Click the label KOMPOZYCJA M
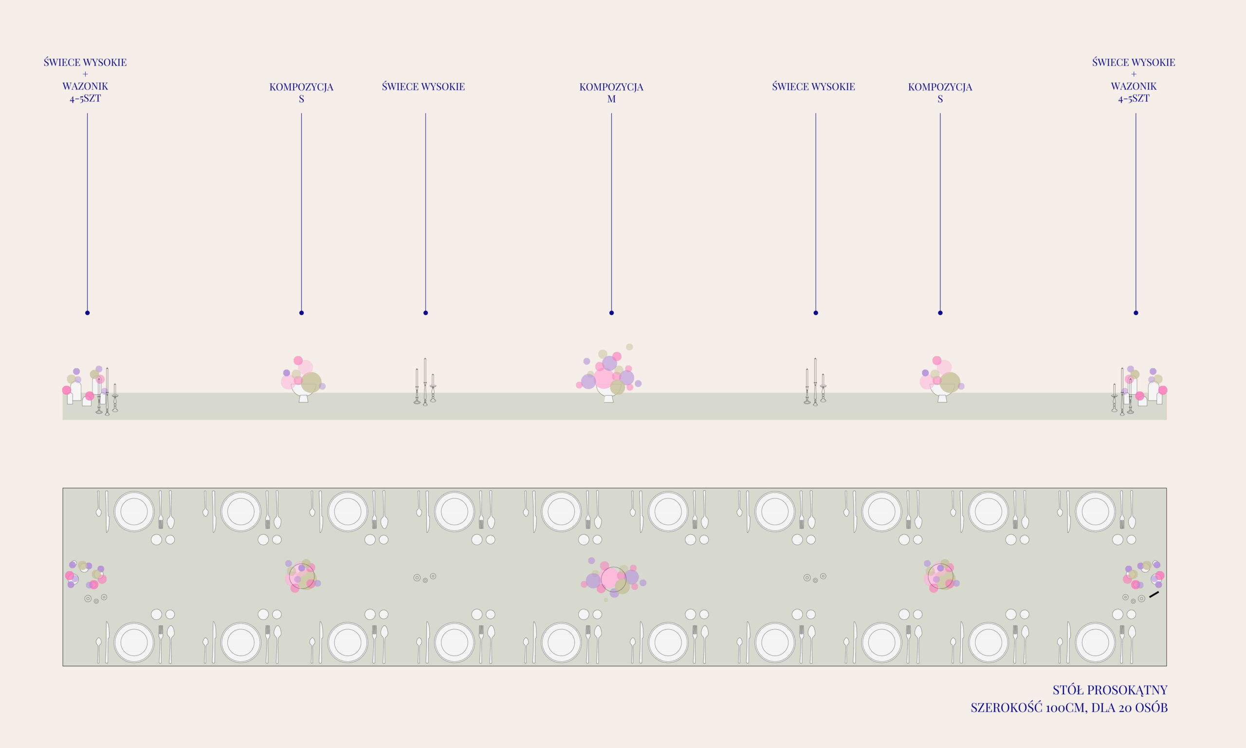(611, 93)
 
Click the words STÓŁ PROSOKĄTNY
(1110, 690)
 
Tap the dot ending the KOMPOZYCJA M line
(611, 313)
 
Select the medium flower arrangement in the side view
(609, 373)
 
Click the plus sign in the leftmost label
(85, 74)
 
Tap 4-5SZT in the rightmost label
(1134, 98)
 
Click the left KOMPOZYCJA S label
(301, 93)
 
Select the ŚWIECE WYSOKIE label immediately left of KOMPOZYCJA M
(423, 87)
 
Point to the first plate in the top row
(134, 511)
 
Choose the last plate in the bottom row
(1095, 643)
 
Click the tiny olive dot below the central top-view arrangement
(606, 600)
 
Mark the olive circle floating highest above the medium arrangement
(629, 347)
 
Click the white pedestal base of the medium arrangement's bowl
(609, 399)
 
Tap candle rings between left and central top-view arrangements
(425, 578)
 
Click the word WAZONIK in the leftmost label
(85, 86)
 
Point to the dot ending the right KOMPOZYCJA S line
(940, 313)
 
